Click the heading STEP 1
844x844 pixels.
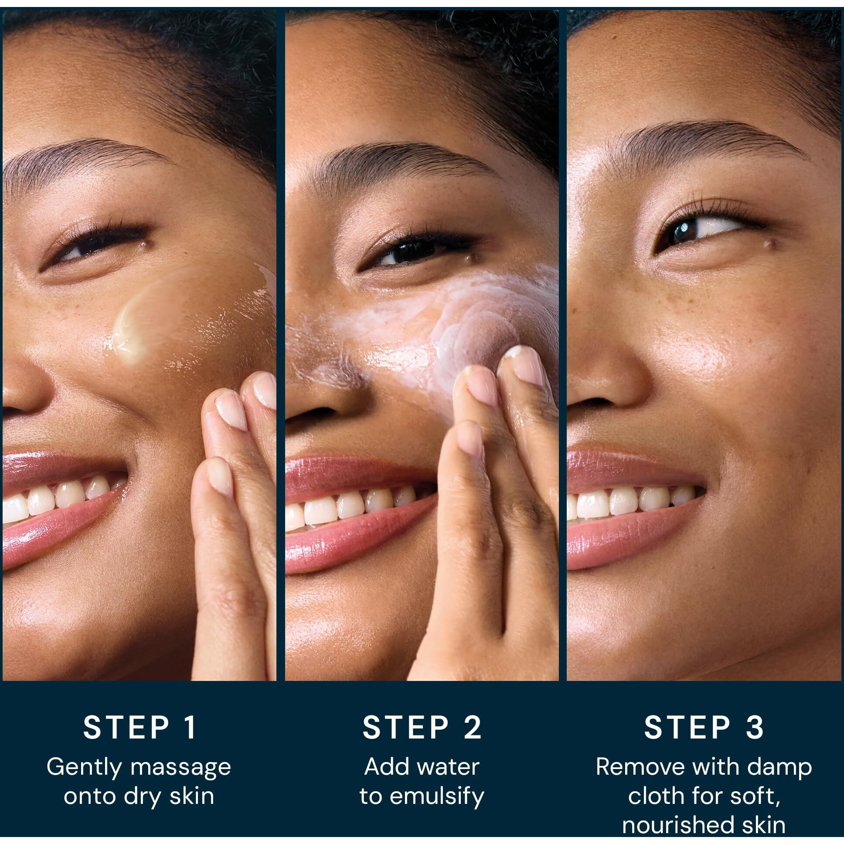pos(140,727)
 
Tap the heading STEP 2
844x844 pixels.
pos(422,727)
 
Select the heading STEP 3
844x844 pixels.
pos(704,727)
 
